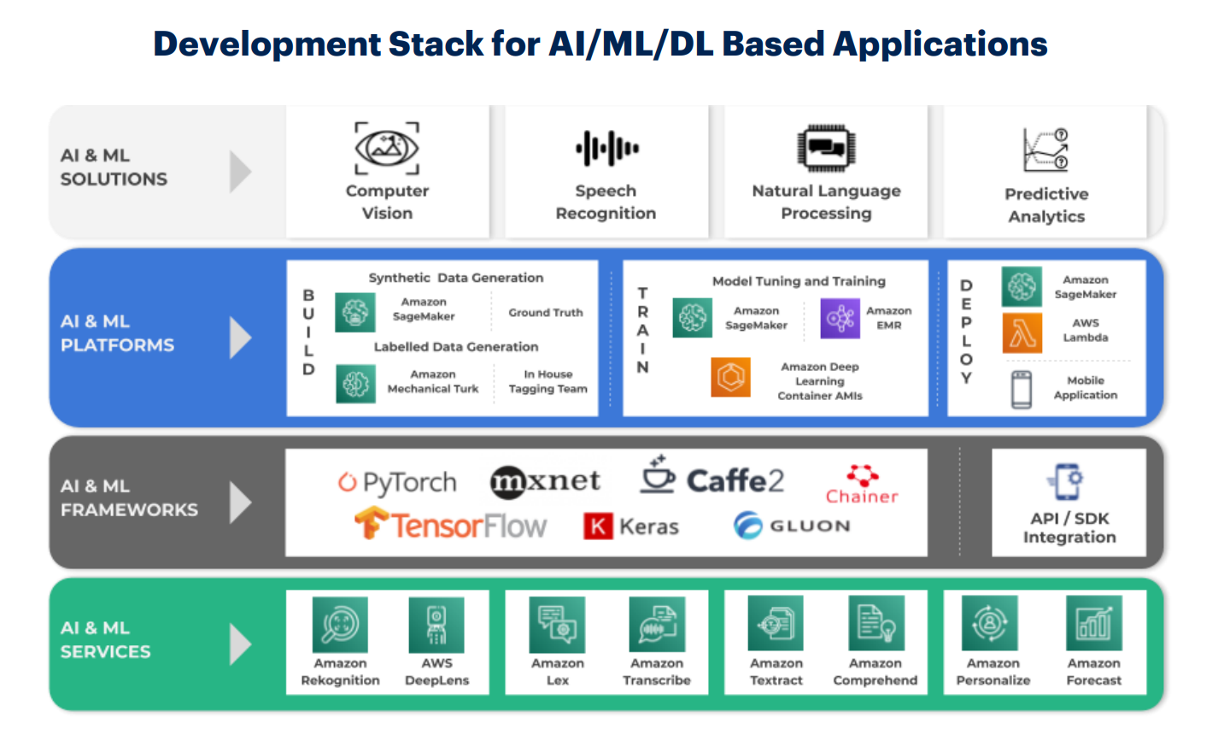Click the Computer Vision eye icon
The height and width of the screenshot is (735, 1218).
click(387, 148)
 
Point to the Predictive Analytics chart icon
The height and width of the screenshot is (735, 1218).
click(1045, 150)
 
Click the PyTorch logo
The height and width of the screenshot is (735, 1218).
click(397, 483)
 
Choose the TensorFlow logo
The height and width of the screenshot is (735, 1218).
click(450, 524)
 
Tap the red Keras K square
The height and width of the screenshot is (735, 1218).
click(599, 526)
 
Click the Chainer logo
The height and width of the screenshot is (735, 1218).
click(862, 484)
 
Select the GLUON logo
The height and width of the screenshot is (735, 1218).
click(792, 525)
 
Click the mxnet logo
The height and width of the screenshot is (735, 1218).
click(545, 482)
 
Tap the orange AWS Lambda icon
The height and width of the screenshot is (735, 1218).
click(1022, 332)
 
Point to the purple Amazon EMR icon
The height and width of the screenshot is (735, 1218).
click(840, 318)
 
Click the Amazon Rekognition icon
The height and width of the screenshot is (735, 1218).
click(340, 625)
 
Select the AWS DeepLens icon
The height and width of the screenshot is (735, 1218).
click(436, 625)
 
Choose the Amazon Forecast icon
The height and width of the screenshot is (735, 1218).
click(1093, 625)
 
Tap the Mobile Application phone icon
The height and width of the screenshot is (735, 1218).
click(1022, 389)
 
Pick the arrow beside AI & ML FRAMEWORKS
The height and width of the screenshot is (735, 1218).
click(241, 502)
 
